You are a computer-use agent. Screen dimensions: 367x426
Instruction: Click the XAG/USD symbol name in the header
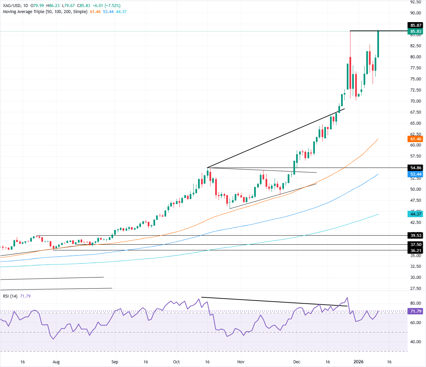point(12,6)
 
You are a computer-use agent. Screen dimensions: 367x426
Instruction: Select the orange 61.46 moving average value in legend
point(95,12)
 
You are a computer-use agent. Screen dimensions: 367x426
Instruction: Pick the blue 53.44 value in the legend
point(108,12)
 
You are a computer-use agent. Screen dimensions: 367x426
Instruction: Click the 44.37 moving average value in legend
point(121,12)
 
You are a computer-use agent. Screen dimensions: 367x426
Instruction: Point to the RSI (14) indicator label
point(10,296)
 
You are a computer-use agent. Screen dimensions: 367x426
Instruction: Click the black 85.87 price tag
point(416,25)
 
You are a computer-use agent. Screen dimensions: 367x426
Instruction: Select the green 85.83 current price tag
point(416,32)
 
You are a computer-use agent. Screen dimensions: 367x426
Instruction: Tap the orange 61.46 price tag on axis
point(416,139)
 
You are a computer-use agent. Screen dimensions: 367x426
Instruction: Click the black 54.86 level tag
point(416,168)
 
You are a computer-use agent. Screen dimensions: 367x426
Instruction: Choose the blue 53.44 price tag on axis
point(416,174)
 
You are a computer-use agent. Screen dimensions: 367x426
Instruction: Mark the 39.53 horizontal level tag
point(416,236)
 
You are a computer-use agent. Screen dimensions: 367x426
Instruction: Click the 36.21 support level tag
point(416,251)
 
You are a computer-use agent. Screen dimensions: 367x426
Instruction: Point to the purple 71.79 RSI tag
point(416,311)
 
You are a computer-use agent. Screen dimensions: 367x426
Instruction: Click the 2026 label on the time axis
point(359,362)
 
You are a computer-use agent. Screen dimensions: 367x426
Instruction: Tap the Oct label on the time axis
point(176,362)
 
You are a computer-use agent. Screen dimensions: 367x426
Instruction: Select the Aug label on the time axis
point(56,362)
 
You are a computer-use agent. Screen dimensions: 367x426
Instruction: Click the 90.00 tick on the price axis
point(416,13)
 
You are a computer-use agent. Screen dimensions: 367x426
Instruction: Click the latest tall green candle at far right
point(378,44)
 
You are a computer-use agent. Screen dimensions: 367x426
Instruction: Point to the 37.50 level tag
point(416,245)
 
